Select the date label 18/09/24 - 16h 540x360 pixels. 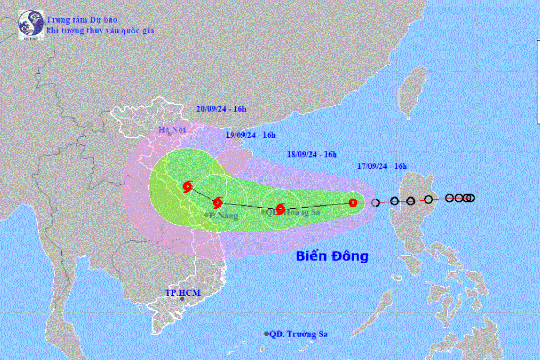[x=312, y=155]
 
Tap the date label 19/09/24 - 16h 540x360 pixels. [x=251, y=135]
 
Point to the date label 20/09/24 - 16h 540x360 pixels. [x=221, y=109]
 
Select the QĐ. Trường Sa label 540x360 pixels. [x=298, y=334]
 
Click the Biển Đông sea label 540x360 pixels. [x=332, y=256]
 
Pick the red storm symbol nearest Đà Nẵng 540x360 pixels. [x=218, y=203]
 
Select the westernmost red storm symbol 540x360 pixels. [x=188, y=186]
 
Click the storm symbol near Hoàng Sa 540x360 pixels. [x=280, y=209]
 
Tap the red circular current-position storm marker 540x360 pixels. [x=352, y=202]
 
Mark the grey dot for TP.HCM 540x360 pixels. [x=182, y=299]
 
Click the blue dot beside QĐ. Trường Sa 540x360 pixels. [x=267, y=334]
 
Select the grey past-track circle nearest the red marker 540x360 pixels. [x=375, y=203]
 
